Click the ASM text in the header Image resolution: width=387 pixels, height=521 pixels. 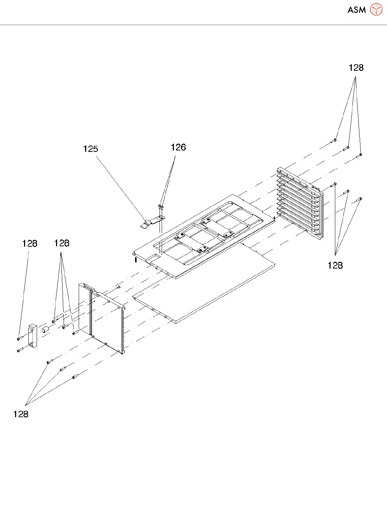pyautogui.click(x=356, y=10)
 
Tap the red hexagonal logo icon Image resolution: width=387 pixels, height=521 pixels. pyautogui.click(x=376, y=10)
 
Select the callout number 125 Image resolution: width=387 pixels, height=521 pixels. pyautogui.click(x=91, y=149)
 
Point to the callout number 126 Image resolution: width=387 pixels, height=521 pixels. pyautogui.click(x=178, y=147)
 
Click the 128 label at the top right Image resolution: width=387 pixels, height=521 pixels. pyautogui.click(x=356, y=68)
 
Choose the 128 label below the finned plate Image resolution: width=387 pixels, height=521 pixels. pyautogui.click(x=335, y=265)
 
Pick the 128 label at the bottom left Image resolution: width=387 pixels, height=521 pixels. pyautogui.click(x=21, y=414)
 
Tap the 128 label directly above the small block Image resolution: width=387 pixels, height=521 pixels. pyautogui.click(x=29, y=243)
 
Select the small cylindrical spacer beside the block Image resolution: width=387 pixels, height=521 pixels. pyautogui.click(x=45, y=330)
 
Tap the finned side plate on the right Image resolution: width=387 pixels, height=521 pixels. pyautogui.click(x=300, y=203)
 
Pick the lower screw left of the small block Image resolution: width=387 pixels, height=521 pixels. pyautogui.click(x=19, y=350)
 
